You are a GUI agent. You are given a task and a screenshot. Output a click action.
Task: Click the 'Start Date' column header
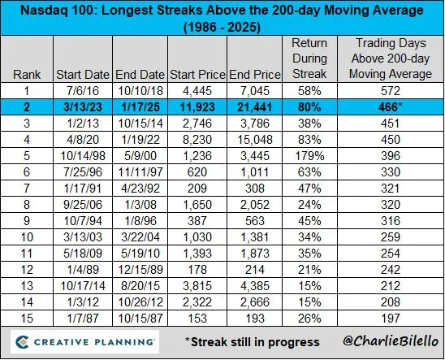click(x=82, y=74)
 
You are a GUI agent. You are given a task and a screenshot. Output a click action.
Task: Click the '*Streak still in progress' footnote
click(x=251, y=341)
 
